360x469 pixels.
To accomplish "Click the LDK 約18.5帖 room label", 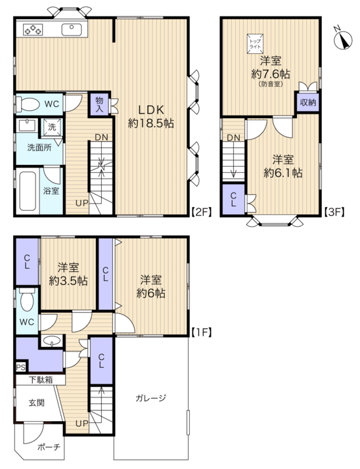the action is [x=151, y=117].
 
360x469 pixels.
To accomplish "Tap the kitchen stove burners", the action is [x=33, y=30].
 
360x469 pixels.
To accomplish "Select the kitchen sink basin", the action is [x=72, y=30].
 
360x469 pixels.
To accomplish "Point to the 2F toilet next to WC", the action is [x=28, y=104].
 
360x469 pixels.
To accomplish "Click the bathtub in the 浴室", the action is [x=28, y=190].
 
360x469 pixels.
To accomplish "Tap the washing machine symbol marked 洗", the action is [x=53, y=127].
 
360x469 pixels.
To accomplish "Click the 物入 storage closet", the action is [x=99, y=104].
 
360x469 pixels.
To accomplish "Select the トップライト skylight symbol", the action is [x=255, y=44].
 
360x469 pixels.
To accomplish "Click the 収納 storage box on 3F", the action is [x=307, y=102].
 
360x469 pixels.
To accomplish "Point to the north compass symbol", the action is [x=342, y=39].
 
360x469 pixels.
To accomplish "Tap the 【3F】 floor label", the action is [x=334, y=212].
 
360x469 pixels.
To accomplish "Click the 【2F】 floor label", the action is [x=201, y=212].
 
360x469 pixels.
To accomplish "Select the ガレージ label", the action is [x=150, y=398].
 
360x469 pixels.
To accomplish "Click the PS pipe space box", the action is [x=21, y=367].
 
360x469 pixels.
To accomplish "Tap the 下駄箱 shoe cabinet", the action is [x=40, y=380].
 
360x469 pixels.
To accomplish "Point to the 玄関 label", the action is [x=37, y=403].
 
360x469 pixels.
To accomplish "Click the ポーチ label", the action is [x=49, y=447].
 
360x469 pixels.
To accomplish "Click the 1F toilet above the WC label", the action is [x=27, y=300].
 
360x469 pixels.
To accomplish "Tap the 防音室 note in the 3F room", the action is [x=271, y=85].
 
